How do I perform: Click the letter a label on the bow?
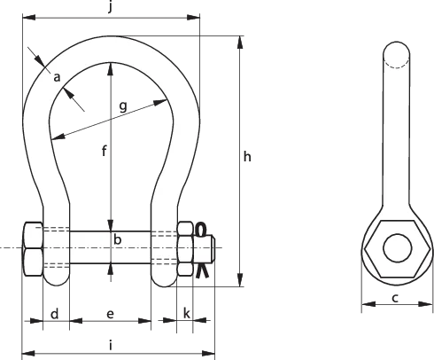[x=57, y=78]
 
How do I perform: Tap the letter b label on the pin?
[x=116, y=239]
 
